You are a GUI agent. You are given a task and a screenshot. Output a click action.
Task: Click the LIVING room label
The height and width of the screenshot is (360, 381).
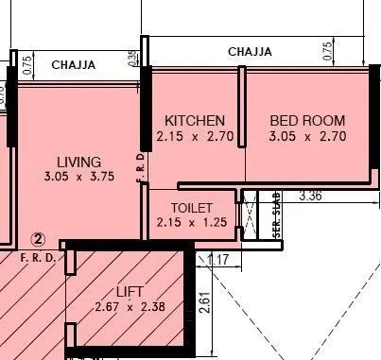point(78,162)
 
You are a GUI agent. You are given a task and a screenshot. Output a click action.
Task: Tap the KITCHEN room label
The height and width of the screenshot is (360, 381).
point(195,121)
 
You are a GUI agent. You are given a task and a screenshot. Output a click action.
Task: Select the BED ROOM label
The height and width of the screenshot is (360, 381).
point(307,121)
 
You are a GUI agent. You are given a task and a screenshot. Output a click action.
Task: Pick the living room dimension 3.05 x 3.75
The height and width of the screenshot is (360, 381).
point(78,177)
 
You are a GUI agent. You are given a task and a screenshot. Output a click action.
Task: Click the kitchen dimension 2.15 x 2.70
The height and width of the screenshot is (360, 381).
point(195,136)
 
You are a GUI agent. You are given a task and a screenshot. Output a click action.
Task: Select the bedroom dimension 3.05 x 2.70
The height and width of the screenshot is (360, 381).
point(307,136)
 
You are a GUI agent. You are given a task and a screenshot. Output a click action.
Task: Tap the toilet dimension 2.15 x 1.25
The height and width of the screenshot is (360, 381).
point(192,223)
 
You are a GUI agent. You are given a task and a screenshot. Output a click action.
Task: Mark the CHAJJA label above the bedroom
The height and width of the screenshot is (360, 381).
point(251,51)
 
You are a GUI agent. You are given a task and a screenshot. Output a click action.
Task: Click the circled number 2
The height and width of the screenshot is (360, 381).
point(39,240)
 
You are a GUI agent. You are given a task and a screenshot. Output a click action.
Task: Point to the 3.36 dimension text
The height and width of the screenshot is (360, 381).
point(311,197)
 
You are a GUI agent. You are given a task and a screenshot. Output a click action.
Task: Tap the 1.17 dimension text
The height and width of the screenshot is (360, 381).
point(216,257)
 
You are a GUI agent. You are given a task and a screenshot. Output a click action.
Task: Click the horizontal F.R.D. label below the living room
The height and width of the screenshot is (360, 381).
point(40,257)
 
